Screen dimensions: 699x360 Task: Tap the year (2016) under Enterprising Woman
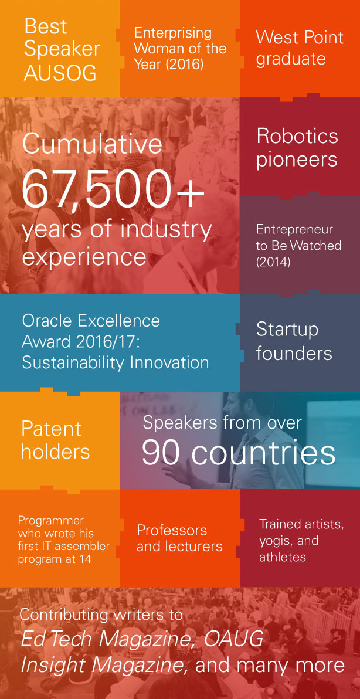click(182, 64)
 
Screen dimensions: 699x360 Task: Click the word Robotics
click(297, 136)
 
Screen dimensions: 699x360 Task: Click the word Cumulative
click(92, 144)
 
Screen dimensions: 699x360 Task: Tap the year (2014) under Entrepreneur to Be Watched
click(273, 263)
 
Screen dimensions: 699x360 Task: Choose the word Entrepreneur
click(294, 229)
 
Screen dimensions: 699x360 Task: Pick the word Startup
click(287, 330)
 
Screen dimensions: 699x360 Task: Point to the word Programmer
click(51, 521)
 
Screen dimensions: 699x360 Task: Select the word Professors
click(172, 530)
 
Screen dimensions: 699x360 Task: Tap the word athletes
click(283, 557)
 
